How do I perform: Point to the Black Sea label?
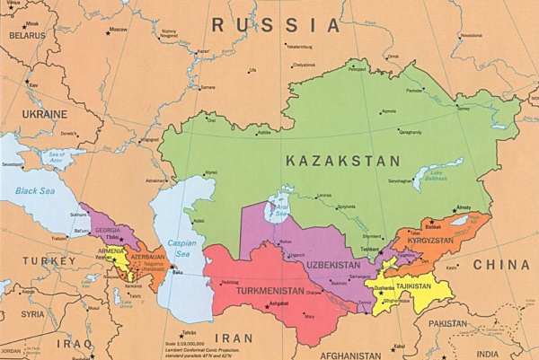pos(36,191)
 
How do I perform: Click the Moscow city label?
pos(117,30)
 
